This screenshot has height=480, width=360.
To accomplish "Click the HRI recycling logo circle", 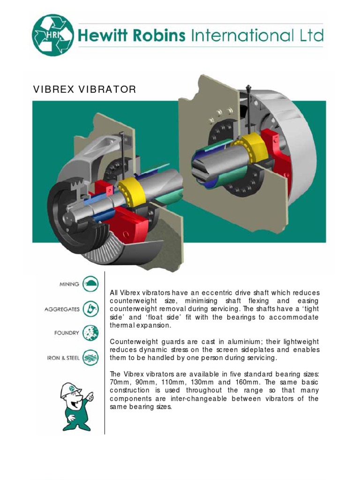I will pyautogui.click(x=52, y=35).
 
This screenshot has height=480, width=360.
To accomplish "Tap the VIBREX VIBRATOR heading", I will pyautogui.click(x=84, y=89).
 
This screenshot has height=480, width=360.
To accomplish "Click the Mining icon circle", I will pyautogui.click(x=90, y=284).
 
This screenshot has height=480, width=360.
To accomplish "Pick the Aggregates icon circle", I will pyautogui.click(x=90, y=309).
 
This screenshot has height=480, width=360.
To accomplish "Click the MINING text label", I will pyautogui.click(x=69, y=284).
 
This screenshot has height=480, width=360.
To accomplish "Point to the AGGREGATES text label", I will pyautogui.click(x=62, y=309).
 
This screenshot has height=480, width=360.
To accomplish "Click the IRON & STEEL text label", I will pyautogui.click(x=63, y=359).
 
